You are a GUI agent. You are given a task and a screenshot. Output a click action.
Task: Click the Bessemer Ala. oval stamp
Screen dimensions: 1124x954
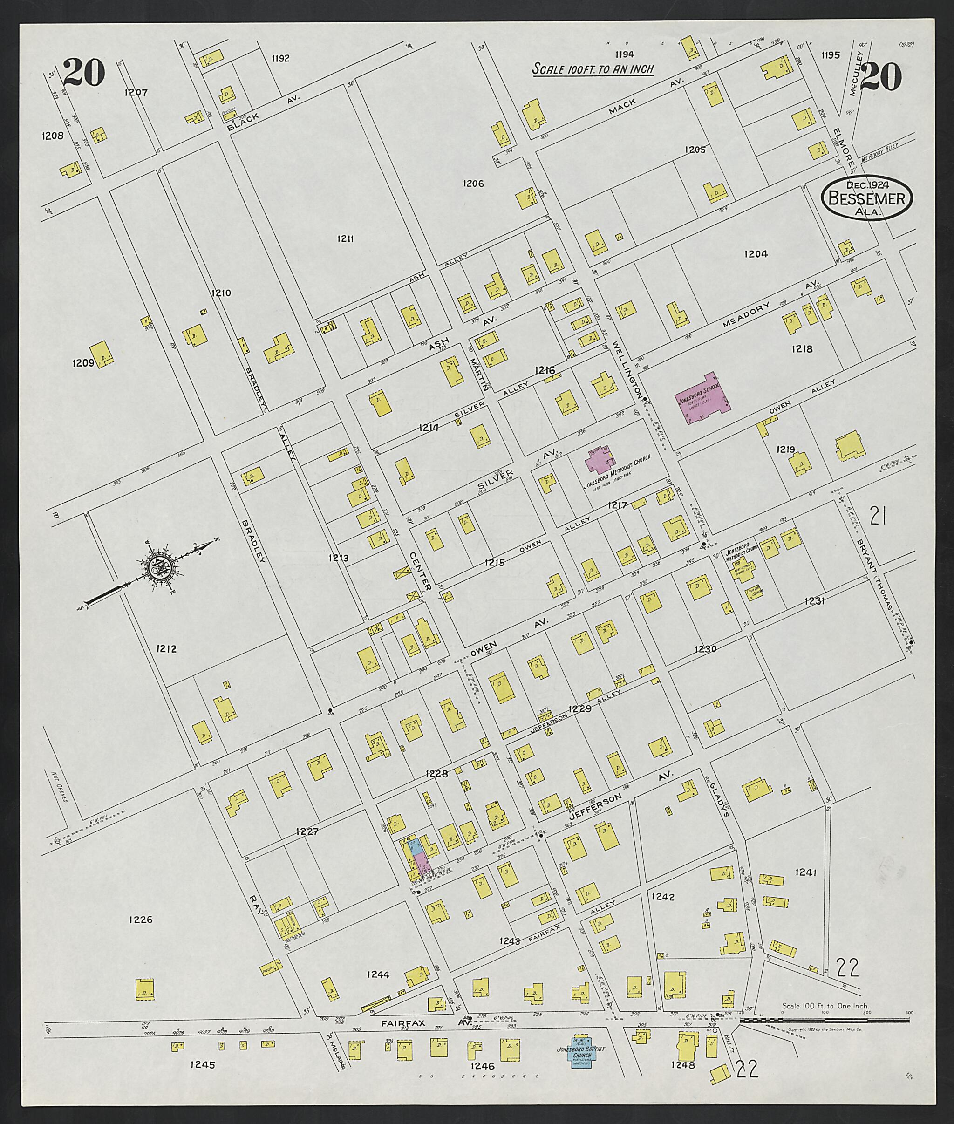click(867, 198)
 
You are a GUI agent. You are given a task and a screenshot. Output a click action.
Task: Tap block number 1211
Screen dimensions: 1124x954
click(345, 238)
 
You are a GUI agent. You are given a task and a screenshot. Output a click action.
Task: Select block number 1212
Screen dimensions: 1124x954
click(166, 648)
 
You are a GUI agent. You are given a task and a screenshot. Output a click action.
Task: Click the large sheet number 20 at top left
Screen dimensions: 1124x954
click(83, 73)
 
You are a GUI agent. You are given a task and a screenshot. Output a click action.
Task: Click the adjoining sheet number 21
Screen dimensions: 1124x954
click(877, 517)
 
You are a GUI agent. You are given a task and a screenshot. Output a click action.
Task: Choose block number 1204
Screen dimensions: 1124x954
click(756, 254)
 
